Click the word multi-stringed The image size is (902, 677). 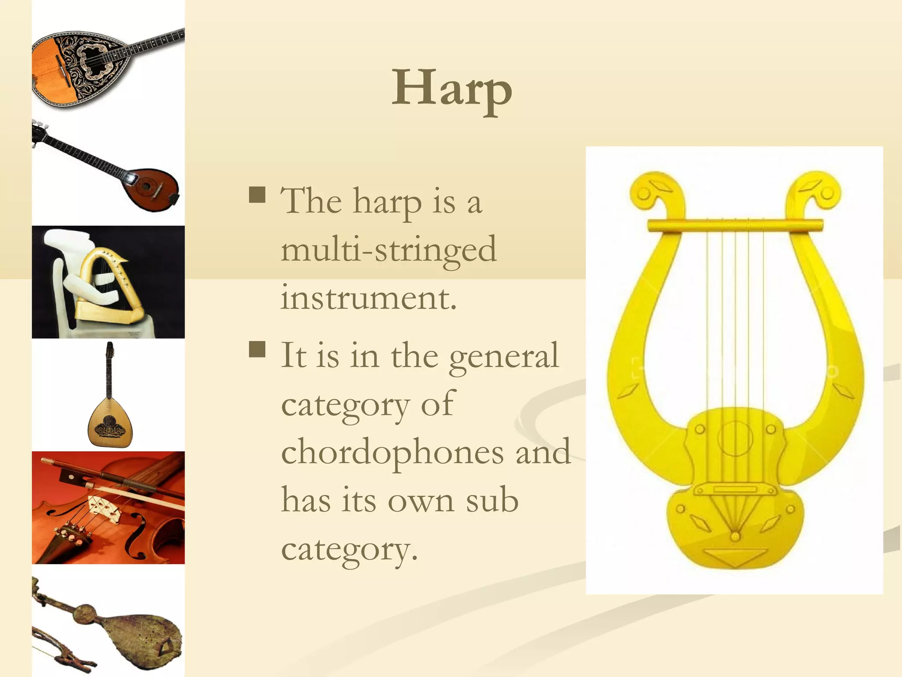389,249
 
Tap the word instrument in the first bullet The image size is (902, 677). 369,298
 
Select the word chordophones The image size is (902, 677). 392,452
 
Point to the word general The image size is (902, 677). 504,356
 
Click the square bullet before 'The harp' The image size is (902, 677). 257,194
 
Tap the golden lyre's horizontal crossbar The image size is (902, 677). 735,225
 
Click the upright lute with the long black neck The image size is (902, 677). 109,405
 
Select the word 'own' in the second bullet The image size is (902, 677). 421,501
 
